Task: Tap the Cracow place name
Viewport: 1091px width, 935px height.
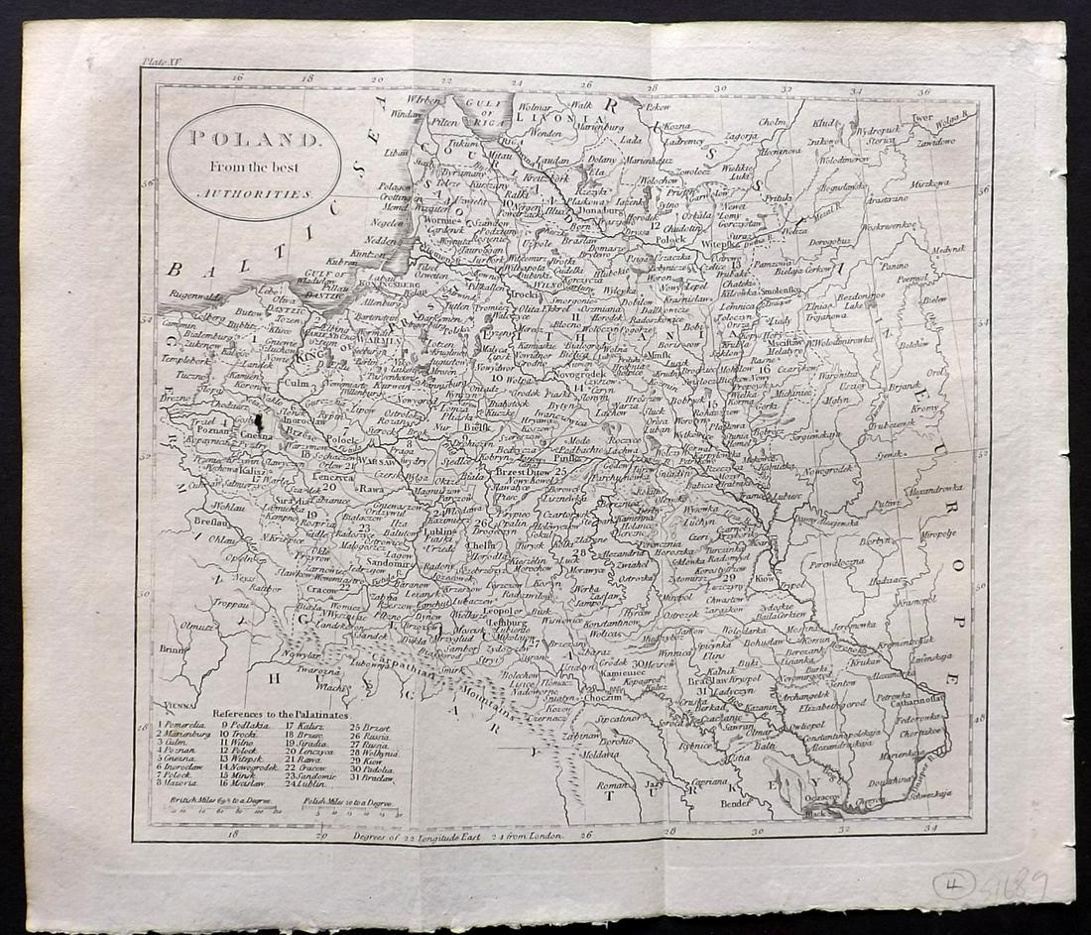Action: coord(323,590)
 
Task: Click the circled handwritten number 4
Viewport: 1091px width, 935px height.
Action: coord(953,883)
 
